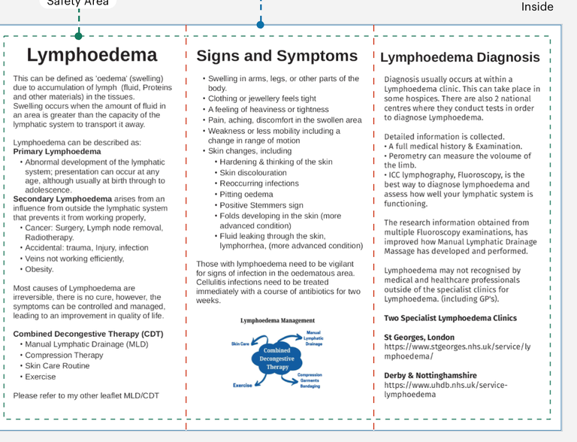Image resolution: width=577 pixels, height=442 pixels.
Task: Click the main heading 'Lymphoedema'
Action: pos(92,55)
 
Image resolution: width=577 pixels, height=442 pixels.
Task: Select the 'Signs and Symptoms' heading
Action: pos(276,56)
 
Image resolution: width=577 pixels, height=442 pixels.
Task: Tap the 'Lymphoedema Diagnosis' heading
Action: pos(460,57)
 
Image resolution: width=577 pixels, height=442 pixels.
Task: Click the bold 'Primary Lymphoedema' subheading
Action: pos(57,152)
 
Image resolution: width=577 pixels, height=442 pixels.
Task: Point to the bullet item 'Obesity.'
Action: pos(39,269)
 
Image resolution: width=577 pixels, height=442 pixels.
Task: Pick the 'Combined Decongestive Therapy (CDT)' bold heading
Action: pos(88,334)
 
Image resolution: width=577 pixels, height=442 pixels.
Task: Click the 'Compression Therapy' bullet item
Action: pos(64,356)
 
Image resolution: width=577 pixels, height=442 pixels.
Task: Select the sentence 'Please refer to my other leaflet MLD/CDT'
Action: pos(86,395)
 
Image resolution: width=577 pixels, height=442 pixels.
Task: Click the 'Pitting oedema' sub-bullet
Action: pos(246,194)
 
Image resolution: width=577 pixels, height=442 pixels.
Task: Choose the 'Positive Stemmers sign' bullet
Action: pos(261,205)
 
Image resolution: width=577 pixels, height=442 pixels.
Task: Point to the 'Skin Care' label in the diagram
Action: pos(244,344)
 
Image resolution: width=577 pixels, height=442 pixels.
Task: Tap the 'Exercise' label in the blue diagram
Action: pos(242,385)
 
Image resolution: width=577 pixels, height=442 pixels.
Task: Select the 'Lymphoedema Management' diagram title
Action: pos(277,320)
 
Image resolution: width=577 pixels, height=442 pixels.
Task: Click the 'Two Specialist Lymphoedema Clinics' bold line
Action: pos(450,318)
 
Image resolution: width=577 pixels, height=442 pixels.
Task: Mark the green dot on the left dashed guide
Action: pos(79,35)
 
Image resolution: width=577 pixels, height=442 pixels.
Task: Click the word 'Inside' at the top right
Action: pos(537,7)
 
